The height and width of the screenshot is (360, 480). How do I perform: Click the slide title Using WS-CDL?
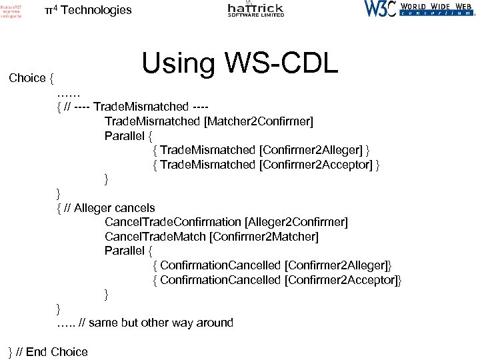[x=240, y=63]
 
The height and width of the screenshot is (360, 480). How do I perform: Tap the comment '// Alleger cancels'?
[x=110, y=207]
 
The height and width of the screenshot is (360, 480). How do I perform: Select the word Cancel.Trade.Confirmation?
[x=173, y=222]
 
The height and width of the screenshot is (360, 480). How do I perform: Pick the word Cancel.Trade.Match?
[x=155, y=236]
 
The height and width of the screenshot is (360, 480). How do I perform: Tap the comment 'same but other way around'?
[x=160, y=323]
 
